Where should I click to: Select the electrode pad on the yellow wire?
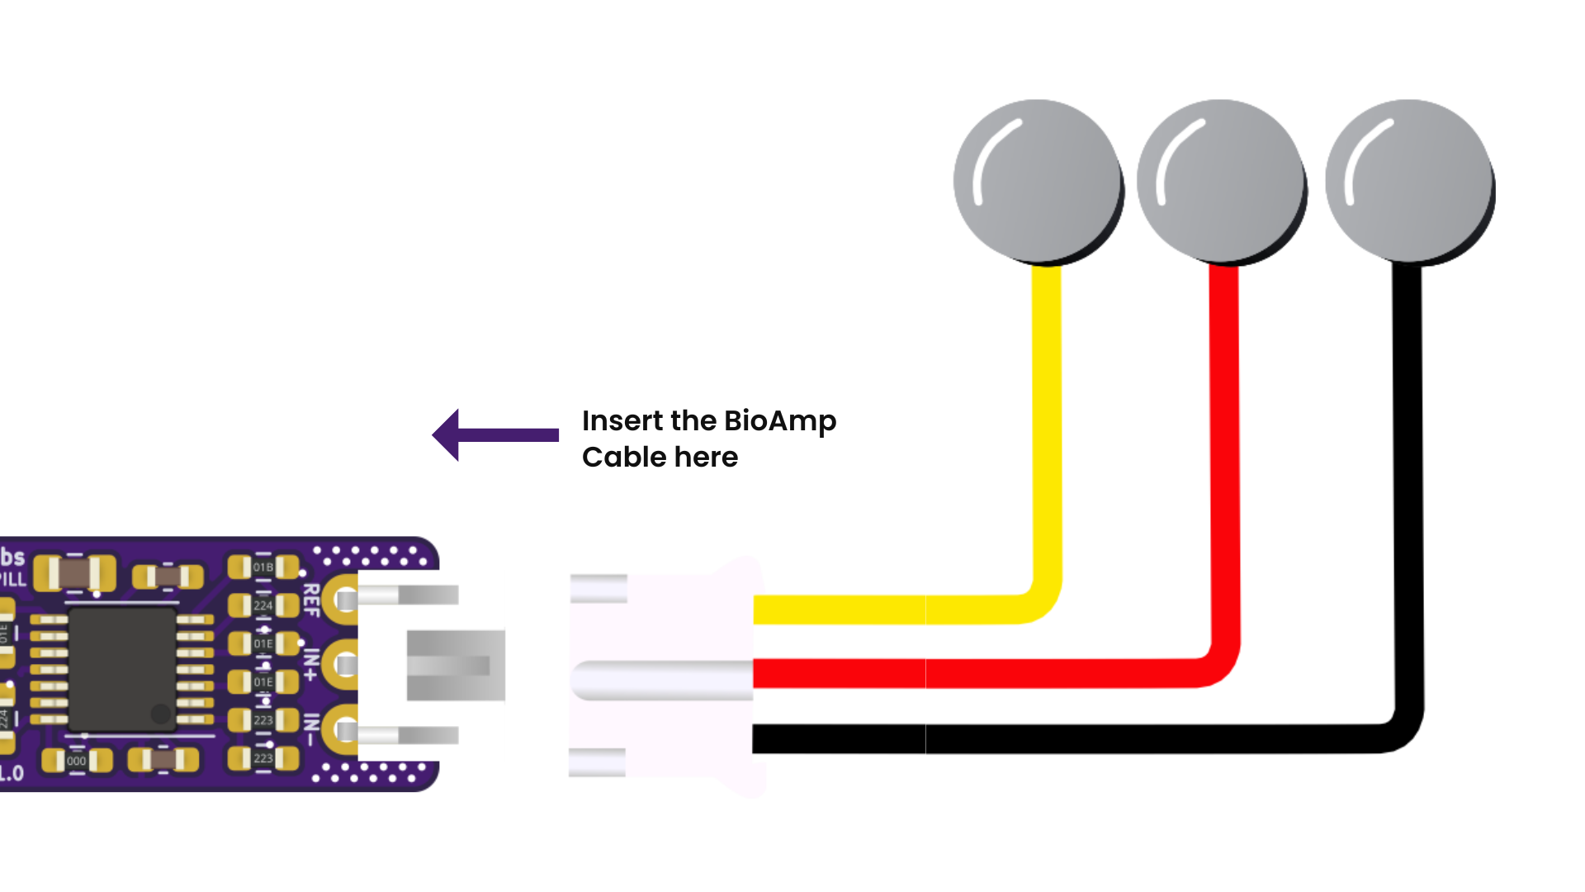(x=1037, y=181)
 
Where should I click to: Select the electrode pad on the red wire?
(x=1221, y=181)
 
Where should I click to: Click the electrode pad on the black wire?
(x=1409, y=181)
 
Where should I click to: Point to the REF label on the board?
(x=311, y=600)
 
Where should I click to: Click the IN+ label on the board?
(x=311, y=664)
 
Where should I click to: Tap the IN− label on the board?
(x=311, y=729)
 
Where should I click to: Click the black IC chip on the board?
(x=121, y=669)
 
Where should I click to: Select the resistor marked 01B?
(x=263, y=567)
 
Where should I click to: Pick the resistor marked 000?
(x=76, y=761)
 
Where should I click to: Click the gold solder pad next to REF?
(x=340, y=599)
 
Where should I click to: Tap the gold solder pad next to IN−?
(x=340, y=730)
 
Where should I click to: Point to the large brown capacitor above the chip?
(x=74, y=572)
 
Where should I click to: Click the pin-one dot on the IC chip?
(x=160, y=714)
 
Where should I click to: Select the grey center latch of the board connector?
(x=455, y=665)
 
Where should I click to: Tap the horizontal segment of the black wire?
(x=1073, y=738)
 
